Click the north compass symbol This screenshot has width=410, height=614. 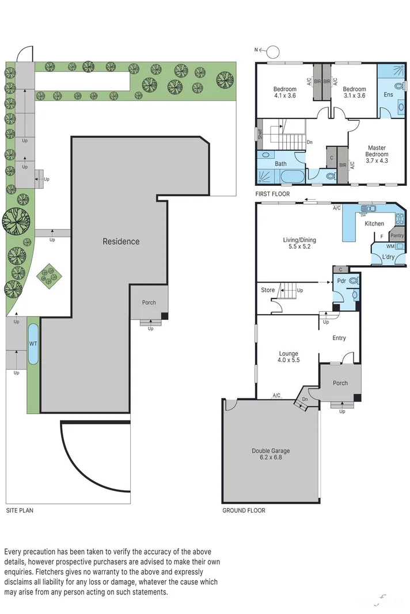point(272,50)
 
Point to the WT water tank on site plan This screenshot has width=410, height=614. point(33,344)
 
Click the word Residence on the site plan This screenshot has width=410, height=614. point(121,241)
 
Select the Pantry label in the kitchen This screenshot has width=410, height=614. point(397,235)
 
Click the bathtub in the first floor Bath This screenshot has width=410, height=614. point(281,175)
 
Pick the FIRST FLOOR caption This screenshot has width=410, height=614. point(274,194)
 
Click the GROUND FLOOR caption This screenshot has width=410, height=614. point(244,510)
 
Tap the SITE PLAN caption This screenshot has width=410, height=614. point(20,510)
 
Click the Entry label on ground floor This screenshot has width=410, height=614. point(339,338)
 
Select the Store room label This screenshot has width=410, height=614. point(268,290)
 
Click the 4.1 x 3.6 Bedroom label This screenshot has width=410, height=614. point(284,93)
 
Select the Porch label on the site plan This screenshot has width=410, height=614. point(149,303)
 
